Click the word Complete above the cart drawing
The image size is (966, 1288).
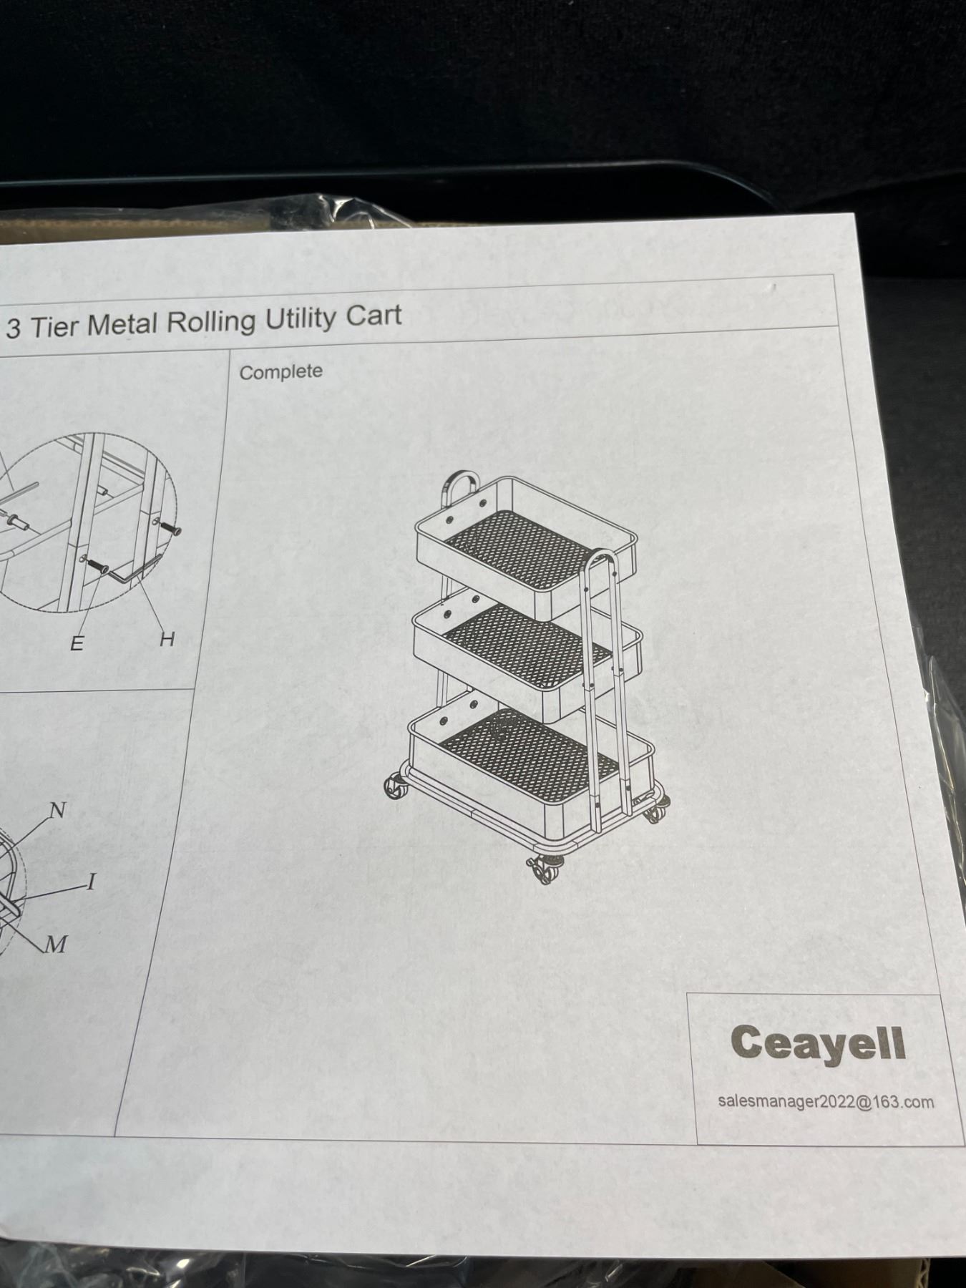[x=280, y=372]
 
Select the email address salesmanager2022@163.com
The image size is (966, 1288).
[x=826, y=1101]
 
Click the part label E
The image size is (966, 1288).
[x=77, y=643]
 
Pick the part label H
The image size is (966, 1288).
[x=167, y=639]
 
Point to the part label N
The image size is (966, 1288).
[x=57, y=810]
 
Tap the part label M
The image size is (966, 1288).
[x=56, y=945]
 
